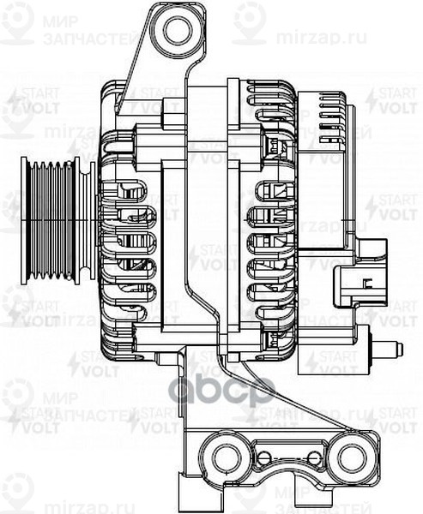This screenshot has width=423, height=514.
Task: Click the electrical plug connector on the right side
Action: click(360, 284)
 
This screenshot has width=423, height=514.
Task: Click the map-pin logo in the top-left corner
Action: click(15, 21)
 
